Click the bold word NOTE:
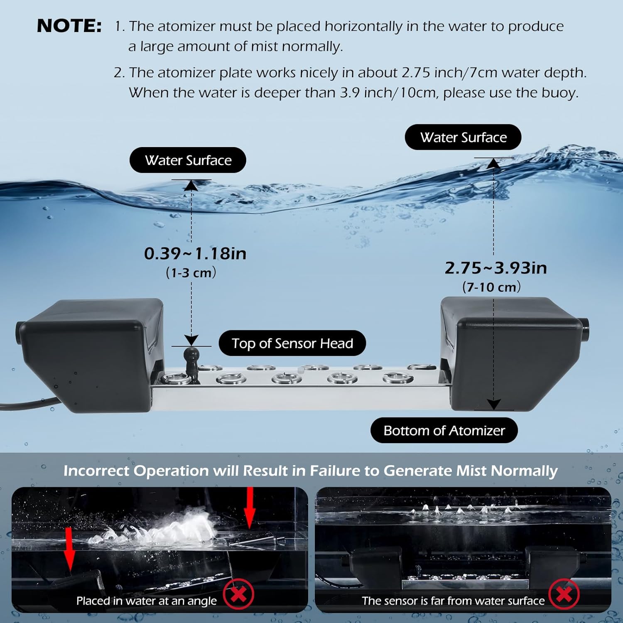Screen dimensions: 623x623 coord(69,26)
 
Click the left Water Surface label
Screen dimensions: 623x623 coord(188,160)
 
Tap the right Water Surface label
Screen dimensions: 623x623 coord(463,137)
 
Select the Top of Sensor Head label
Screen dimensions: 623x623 coord(292,343)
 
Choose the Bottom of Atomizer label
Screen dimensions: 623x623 coord(444,431)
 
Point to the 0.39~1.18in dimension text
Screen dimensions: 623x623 coord(195,254)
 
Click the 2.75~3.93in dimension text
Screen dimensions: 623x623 coord(495,268)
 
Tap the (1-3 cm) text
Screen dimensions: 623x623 coord(191,273)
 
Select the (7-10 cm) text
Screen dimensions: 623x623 coord(491,287)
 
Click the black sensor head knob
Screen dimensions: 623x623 coord(191,357)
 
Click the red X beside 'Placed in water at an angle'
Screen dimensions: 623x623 coord(238,594)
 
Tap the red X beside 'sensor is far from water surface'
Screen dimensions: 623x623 coord(564,594)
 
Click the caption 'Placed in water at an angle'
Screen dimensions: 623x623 coord(146,601)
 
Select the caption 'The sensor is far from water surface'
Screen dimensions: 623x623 coord(453,601)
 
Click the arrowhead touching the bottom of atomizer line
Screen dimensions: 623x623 coord(493,404)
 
